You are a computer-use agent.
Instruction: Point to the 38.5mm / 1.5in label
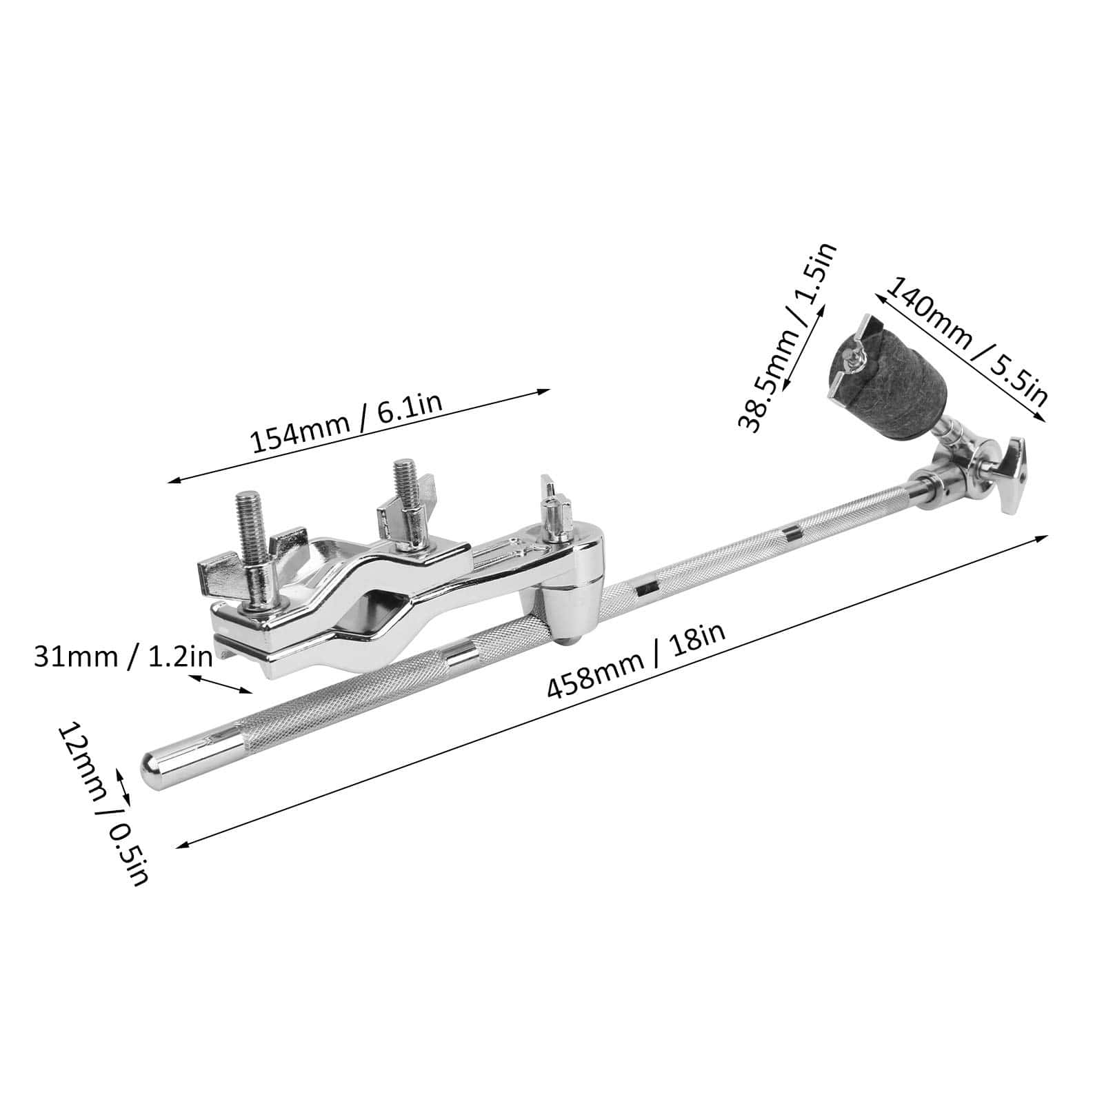[787, 337]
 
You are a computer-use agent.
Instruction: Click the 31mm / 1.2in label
[123, 656]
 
